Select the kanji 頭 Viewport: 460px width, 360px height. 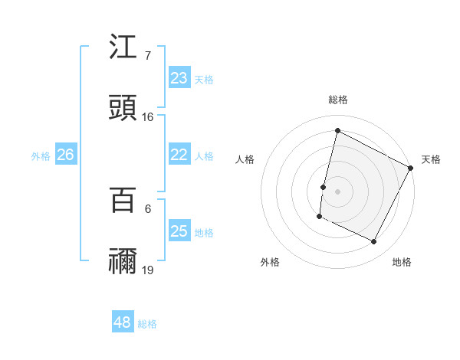pyautogui.click(x=123, y=108)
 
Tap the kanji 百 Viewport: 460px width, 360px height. pyautogui.click(x=123, y=201)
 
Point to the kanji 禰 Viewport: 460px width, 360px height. pyautogui.click(x=123, y=261)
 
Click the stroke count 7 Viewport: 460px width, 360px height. pyautogui.click(x=148, y=55)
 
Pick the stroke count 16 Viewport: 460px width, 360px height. pyautogui.click(x=148, y=117)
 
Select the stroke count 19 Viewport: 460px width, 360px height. pyautogui.click(x=148, y=270)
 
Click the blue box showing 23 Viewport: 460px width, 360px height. pyautogui.click(x=179, y=78)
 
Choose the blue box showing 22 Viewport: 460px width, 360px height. pyautogui.click(x=179, y=155)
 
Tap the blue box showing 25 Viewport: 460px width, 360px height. pyautogui.click(x=179, y=231)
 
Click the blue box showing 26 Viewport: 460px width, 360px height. pyautogui.click(x=65, y=155)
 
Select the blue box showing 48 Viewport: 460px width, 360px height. pyautogui.click(x=123, y=322)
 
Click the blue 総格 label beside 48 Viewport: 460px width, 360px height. pyautogui.click(x=147, y=324)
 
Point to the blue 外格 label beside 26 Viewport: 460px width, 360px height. pyautogui.click(x=41, y=156)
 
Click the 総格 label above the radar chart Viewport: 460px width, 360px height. pyautogui.click(x=338, y=100)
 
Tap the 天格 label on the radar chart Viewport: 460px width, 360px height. pyautogui.click(x=431, y=159)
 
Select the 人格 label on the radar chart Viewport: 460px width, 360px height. pyautogui.click(x=245, y=159)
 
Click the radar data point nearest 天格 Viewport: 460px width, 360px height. pyautogui.click(x=412, y=167)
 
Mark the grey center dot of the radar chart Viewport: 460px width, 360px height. pyautogui.click(x=338, y=191)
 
